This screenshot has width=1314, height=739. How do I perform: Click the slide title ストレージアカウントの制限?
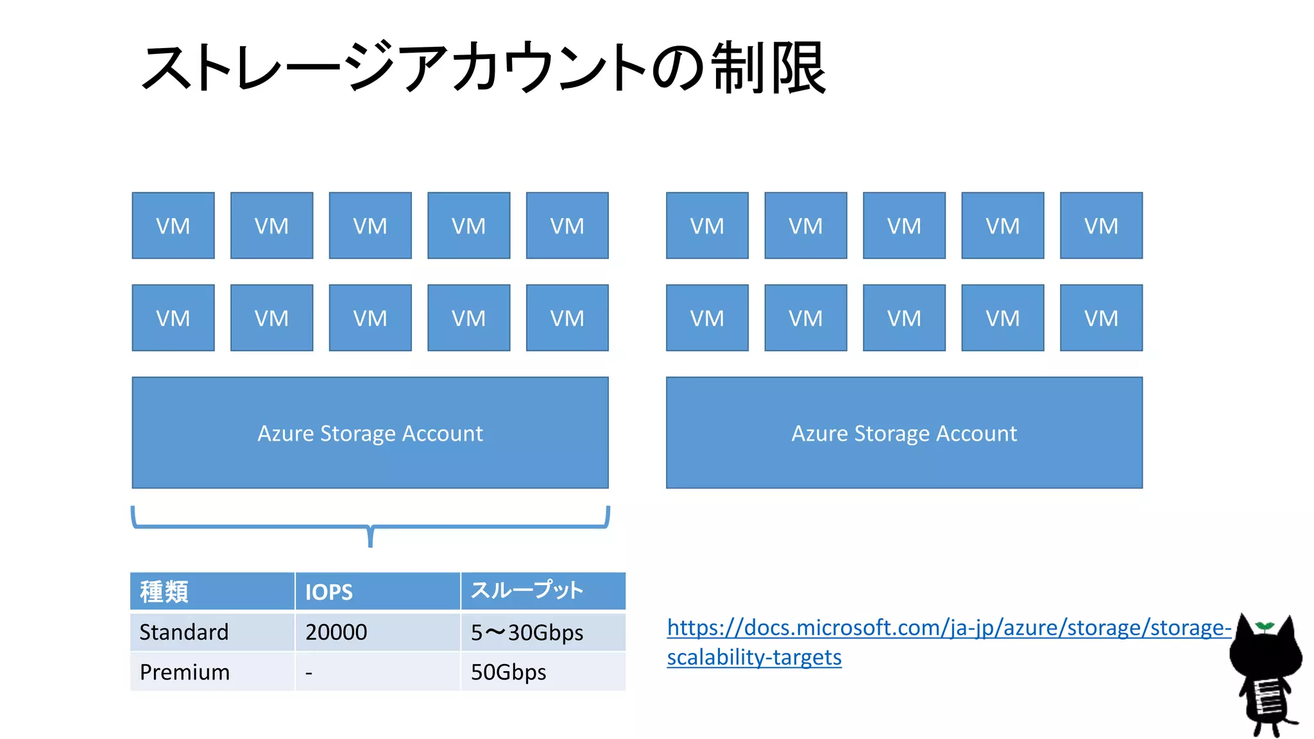(484, 67)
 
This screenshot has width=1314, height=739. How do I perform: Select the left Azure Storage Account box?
(370, 433)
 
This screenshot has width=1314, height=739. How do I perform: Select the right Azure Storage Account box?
(904, 433)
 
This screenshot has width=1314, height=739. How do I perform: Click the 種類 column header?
(164, 591)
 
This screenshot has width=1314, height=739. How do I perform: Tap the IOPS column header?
(328, 591)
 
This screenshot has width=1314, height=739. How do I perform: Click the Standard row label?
(184, 633)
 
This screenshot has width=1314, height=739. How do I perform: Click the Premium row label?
(185, 672)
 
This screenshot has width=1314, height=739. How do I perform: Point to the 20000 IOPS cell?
(336, 633)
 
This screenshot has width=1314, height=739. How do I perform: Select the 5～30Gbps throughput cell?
(527, 633)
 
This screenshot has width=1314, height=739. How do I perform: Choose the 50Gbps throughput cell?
(508, 672)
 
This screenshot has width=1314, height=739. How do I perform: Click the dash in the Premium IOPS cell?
(309, 673)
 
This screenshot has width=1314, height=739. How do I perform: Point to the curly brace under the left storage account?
(370, 526)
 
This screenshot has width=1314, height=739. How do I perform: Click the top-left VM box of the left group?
(173, 226)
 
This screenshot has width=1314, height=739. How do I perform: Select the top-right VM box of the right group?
(1101, 226)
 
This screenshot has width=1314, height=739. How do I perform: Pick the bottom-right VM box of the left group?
(567, 318)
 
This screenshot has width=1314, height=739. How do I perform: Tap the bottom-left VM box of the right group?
(707, 318)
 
